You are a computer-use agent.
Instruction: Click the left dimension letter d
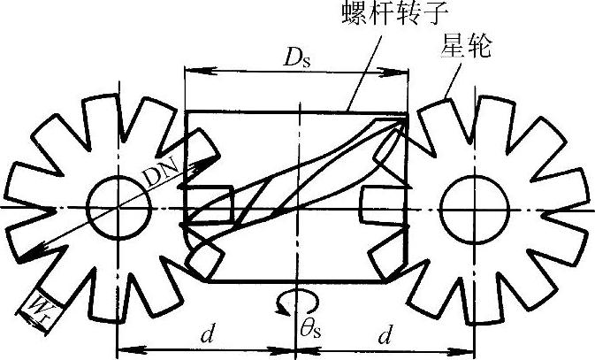tap(205, 334)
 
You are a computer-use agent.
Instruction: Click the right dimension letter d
tap(385, 334)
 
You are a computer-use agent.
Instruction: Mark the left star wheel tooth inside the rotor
tap(212, 207)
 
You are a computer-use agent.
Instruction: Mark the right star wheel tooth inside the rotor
tap(378, 207)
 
